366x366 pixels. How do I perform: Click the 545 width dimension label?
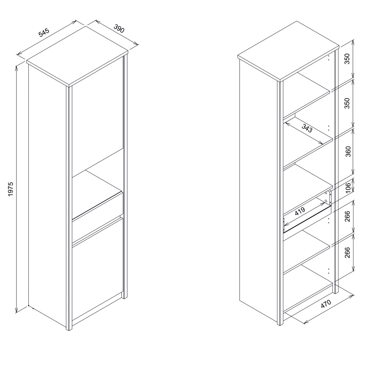pos(44,32)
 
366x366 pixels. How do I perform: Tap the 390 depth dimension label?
pos(119,28)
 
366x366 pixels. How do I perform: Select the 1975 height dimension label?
pos(11,189)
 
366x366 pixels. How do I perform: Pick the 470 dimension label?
pos(326,309)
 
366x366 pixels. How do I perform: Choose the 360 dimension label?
pos(348,152)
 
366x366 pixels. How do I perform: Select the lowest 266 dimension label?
pos(348,253)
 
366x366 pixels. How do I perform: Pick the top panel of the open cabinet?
pos(288,51)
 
